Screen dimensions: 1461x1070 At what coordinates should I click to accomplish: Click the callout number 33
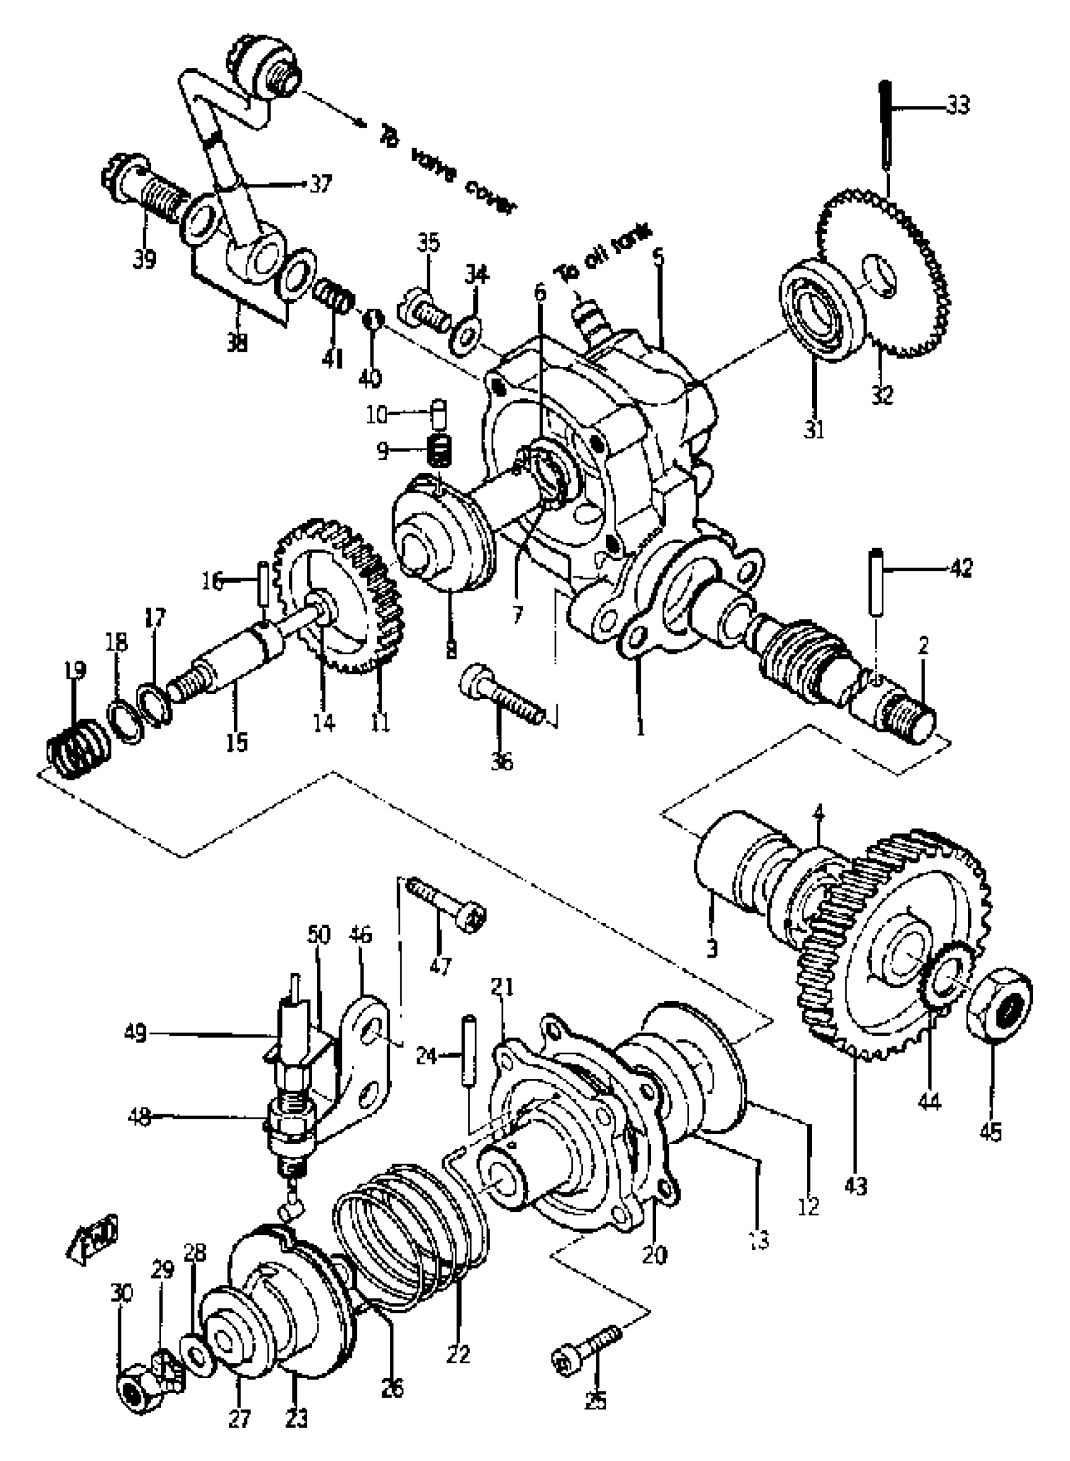pyautogui.click(x=958, y=105)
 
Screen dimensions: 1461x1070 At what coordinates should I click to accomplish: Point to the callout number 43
pyautogui.click(x=855, y=1187)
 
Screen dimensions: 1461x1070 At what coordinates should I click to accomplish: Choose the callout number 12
pyautogui.click(x=809, y=1206)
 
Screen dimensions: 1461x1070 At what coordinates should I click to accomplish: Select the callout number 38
pyautogui.click(x=238, y=343)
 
